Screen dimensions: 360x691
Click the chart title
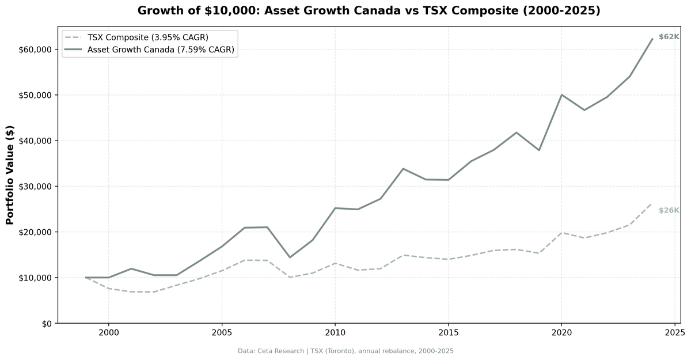369,10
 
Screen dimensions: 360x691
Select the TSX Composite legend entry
147,37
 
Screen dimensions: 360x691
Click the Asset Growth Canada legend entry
161,50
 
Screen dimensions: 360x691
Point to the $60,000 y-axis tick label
35,50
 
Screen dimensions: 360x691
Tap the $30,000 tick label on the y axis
35,187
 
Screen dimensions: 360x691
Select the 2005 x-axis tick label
222,332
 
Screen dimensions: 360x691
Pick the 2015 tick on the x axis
448,332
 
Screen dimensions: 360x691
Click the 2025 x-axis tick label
674,332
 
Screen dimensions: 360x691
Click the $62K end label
669,37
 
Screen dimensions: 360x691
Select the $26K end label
669,210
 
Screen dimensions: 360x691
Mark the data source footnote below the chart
345,351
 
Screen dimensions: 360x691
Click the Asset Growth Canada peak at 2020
561,94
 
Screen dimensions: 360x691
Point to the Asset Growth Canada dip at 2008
290,257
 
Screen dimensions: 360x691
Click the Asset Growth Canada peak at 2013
403,169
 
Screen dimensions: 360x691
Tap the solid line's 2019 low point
539,150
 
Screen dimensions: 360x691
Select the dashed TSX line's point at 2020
561,233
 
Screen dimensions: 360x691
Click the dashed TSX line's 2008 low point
290,277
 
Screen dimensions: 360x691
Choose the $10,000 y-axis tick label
35,278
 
